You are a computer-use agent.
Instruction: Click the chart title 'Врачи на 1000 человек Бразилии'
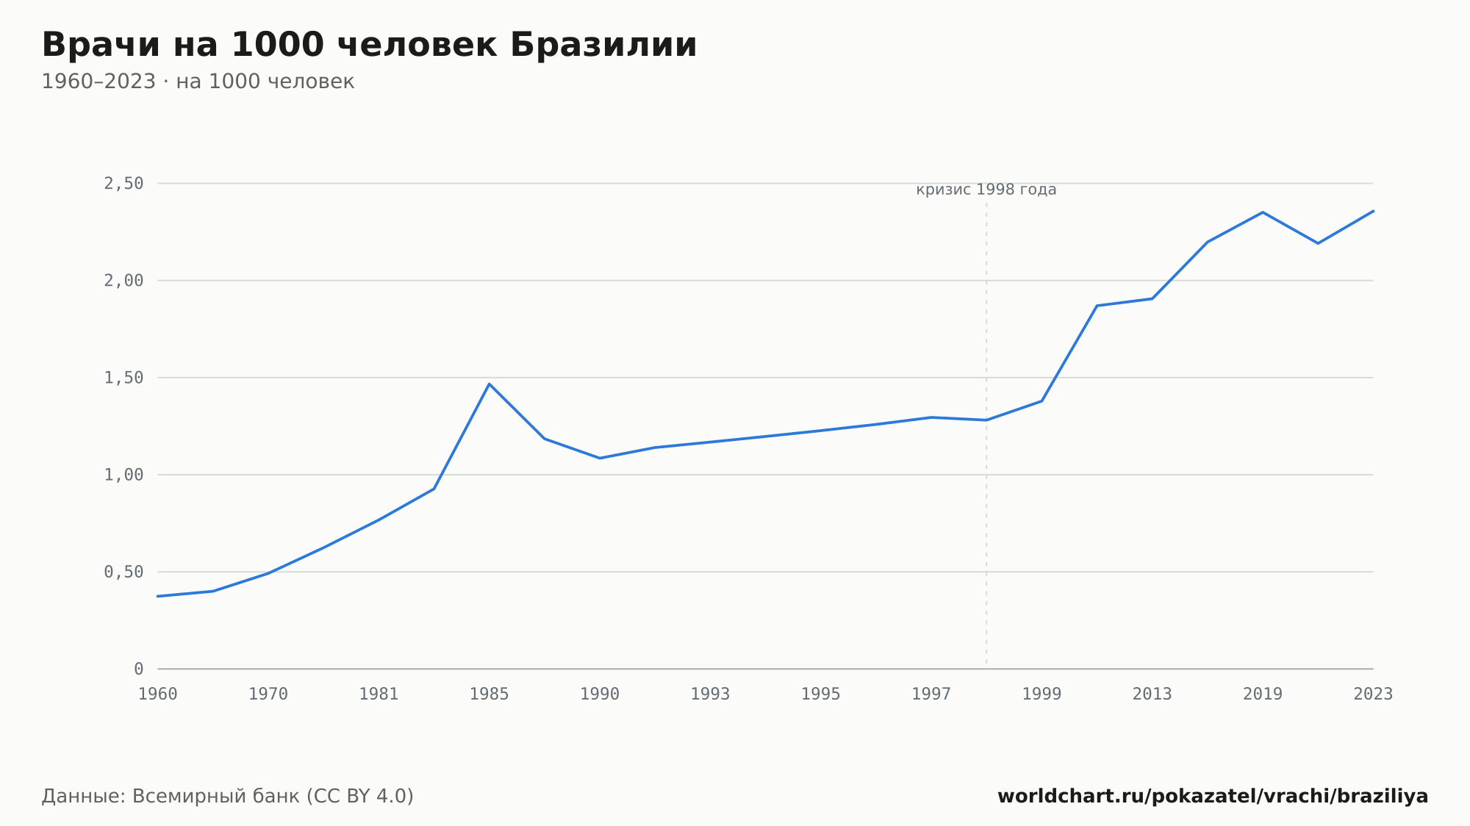tap(369, 45)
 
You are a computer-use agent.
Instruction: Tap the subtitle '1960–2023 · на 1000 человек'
tap(198, 82)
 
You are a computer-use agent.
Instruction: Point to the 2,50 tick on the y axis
tap(123, 184)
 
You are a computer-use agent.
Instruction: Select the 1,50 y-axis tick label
tap(123, 378)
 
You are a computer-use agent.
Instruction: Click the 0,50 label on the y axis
tap(123, 572)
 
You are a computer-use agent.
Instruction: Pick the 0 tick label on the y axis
tap(139, 669)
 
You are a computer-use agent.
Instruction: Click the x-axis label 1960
tap(158, 694)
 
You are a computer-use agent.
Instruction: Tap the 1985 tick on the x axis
tap(490, 694)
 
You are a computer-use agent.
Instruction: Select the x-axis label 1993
tap(710, 694)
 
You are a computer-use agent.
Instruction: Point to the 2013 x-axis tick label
tap(1152, 694)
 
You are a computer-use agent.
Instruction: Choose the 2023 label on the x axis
tap(1373, 694)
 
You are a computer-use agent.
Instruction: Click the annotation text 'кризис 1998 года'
tap(986, 190)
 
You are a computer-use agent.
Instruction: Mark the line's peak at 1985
tap(490, 384)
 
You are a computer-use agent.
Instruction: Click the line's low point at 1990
tap(600, 459)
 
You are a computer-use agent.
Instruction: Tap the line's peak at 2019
tap(1263, 212)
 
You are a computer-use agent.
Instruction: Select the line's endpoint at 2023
tap(1373, 211)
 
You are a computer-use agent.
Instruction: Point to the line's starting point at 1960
tap(158, 596)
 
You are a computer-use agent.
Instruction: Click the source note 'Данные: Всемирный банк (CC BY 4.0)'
tap(228, 797)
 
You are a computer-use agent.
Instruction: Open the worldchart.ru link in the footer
tap(1213, 797)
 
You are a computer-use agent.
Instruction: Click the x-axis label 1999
tap(1041, 694)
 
